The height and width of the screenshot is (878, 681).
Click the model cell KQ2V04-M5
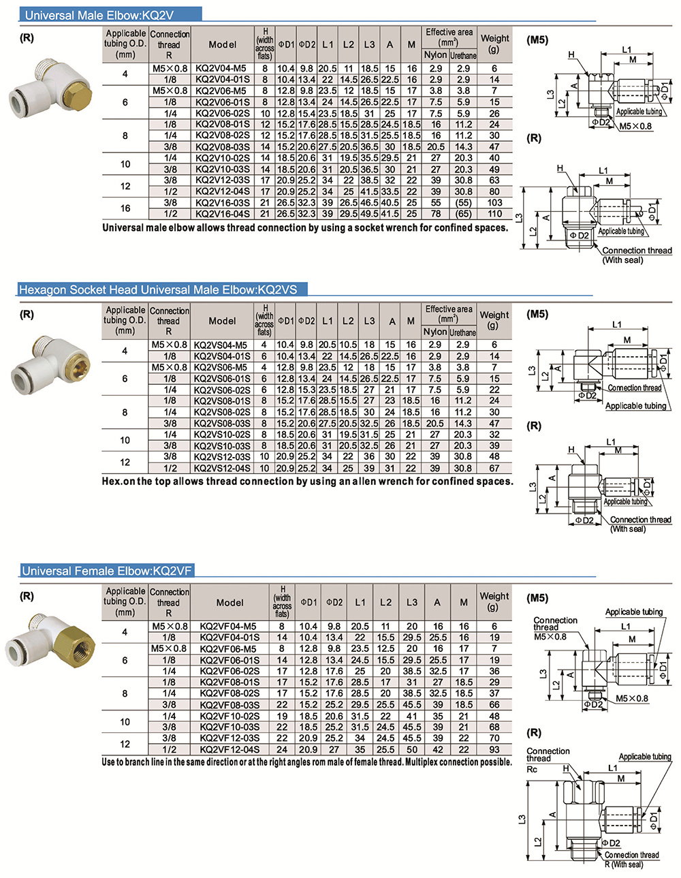(x=221, y=68)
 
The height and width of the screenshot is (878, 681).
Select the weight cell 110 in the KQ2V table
(x=494, y=214)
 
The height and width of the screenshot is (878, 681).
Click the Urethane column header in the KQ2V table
(x=463, y=55)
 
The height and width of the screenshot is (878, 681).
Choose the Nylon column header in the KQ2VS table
(x=435, y=332)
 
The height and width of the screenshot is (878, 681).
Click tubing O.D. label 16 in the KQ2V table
(x=125, y=208)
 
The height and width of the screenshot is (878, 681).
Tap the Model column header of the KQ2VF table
(x=229, y=602)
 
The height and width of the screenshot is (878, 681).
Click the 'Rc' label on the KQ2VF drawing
(x=533, y=768)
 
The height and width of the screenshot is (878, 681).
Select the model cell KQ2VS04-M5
(x=221, y=345)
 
